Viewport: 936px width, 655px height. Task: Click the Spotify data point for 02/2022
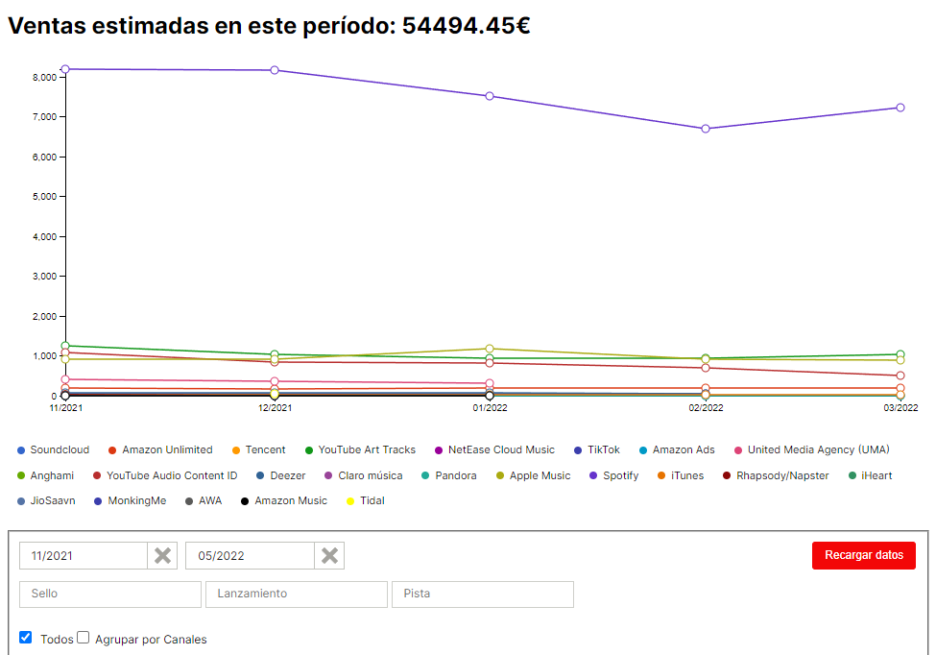[706, 129]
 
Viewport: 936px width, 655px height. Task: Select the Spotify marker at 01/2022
[490, 96]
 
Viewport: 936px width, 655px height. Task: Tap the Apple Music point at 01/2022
[490, 349]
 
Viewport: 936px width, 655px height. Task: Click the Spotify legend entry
[620, 475]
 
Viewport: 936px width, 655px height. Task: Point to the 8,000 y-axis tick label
[43, 77]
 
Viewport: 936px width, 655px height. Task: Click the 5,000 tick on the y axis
[43, 197]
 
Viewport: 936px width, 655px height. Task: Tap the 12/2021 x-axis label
[275, 407]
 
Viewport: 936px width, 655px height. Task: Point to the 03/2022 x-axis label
[900, 407]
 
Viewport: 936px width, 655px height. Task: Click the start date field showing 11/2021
[84, 556]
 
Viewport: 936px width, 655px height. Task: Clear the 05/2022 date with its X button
[329, 556]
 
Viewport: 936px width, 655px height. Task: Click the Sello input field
[110, 594]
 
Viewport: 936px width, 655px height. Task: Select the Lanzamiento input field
[296, 594]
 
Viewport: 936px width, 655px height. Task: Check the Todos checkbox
[26, 637]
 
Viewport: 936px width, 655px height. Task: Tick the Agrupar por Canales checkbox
[84, 637]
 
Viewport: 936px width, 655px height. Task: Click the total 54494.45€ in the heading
[466, 26]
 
